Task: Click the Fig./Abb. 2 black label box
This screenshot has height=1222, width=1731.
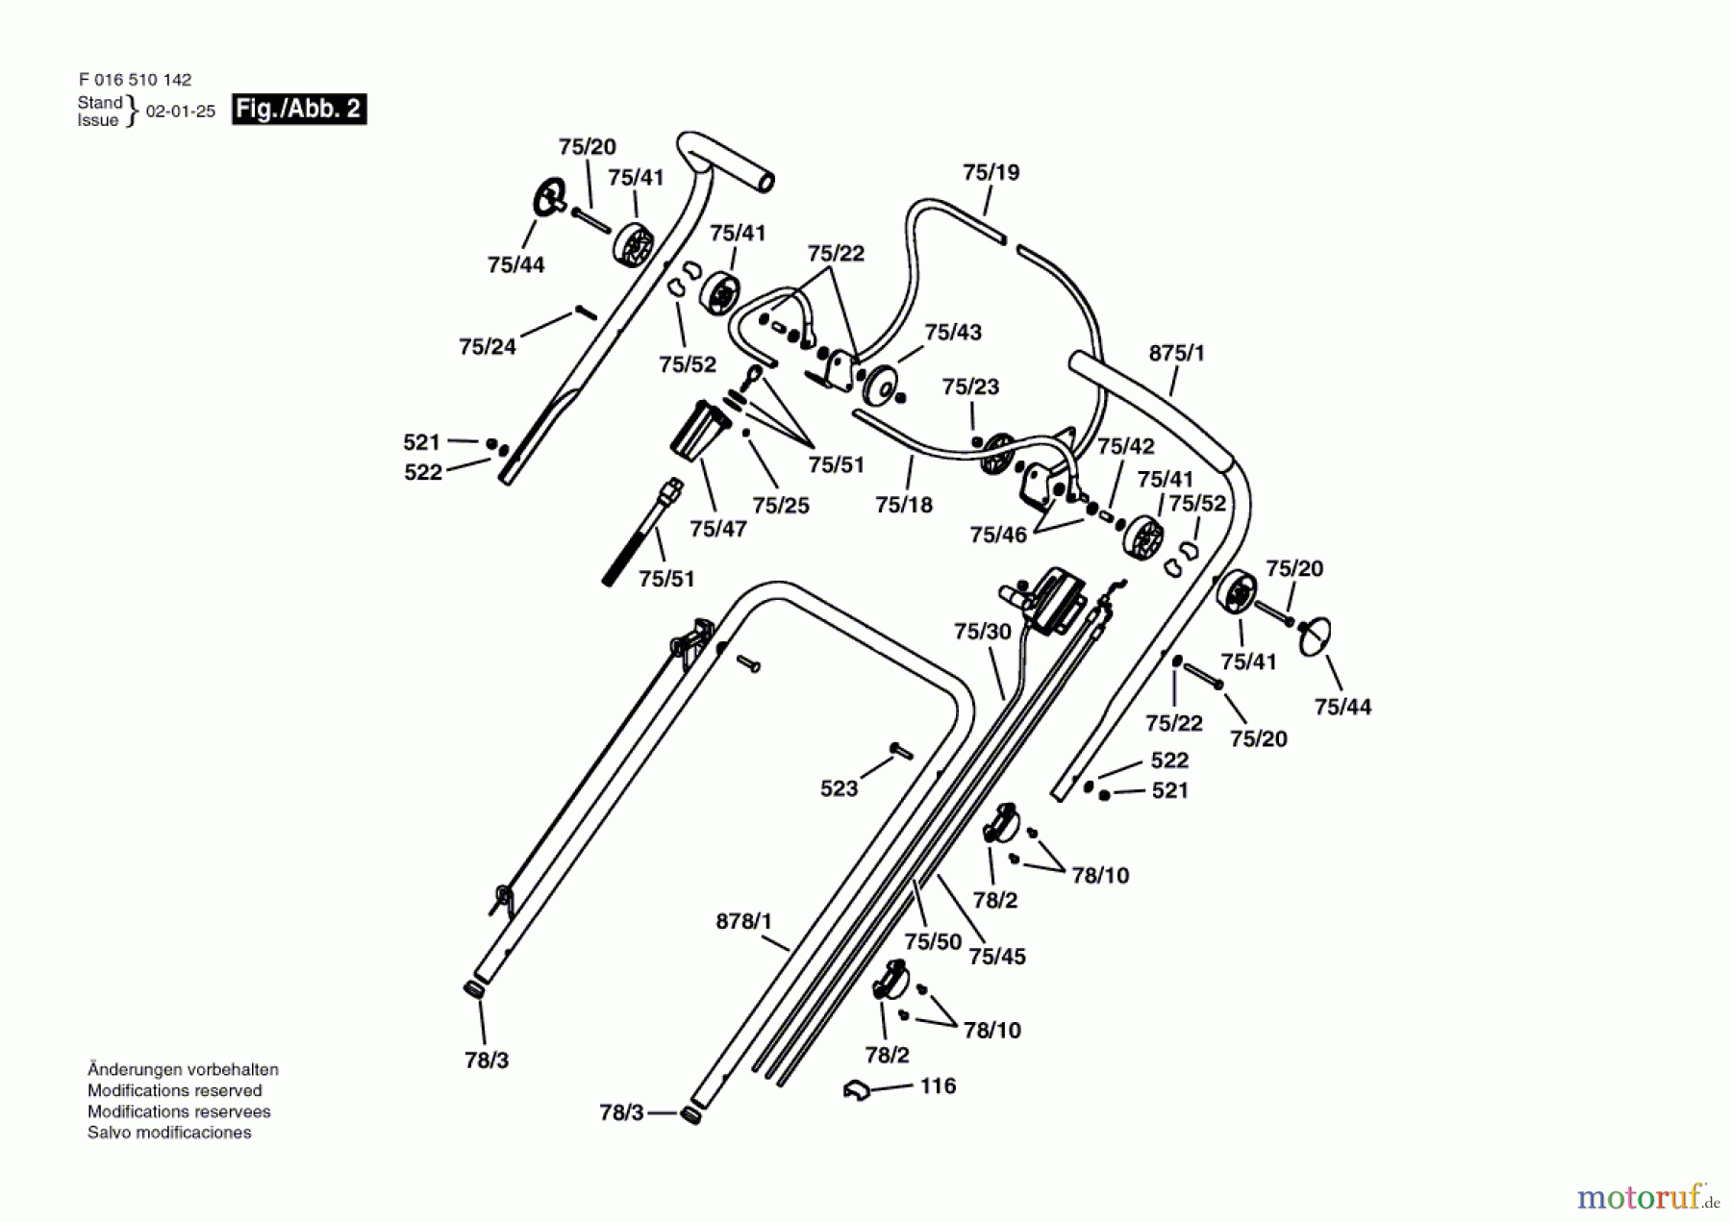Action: [299, 109]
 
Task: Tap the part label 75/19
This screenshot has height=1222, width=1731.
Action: [991, 172]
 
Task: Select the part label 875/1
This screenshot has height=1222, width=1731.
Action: [1176, 353]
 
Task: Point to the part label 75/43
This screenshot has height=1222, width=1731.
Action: [953, 332]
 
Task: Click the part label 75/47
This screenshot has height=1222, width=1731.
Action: [718, 528]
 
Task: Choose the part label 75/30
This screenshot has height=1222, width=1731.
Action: [983, 631]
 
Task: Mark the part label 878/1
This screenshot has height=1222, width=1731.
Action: [743, 921]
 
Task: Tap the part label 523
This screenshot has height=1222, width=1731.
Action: [839, 788]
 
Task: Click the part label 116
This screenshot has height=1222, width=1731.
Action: [938, 1085]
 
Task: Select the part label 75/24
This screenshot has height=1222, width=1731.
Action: [488, 346]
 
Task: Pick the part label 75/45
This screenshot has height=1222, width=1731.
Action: [997, 956]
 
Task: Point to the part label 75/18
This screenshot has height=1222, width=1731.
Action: [904, 505]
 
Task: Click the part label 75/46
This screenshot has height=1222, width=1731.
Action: [998, 535]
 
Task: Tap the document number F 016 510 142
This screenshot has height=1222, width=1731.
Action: [135, 80]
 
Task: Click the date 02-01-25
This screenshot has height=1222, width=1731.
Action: [181, 111]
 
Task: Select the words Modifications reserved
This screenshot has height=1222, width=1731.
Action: [175, 1090]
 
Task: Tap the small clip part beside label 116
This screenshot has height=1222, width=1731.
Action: [856, 1090]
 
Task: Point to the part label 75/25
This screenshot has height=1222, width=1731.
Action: [781, 505]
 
